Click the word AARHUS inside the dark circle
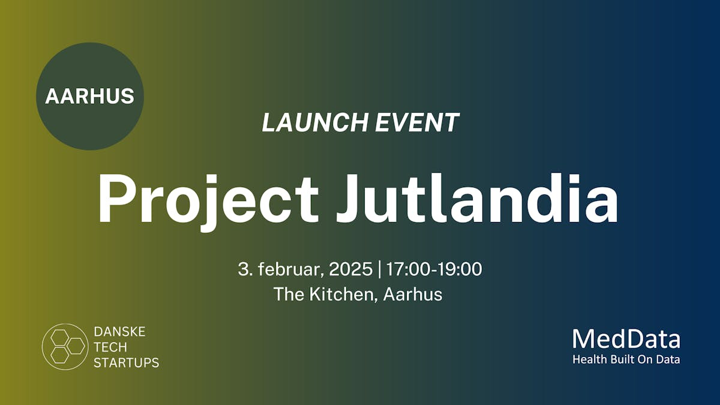point(89,96)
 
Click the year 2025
point(351,269)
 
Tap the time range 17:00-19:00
point(434,269)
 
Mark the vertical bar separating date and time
point(379,269)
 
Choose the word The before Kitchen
point(288,294)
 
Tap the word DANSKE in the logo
point(119,331)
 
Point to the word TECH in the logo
point(110,347)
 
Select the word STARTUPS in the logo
point(127,362)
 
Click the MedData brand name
point(626,340)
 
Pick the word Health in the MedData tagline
point(587,360)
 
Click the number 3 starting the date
point(243,269)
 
